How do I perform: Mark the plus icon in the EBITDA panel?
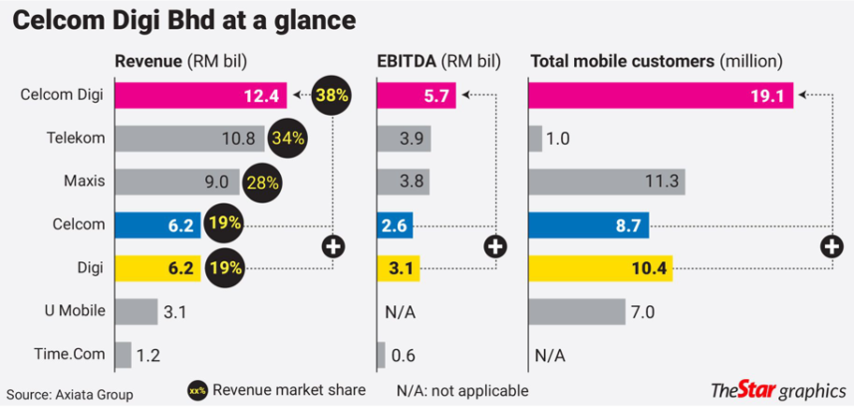coord(495,247)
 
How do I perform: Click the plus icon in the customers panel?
coord(830,247)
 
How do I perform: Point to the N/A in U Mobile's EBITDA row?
coord(400,311)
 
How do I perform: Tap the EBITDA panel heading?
coord(438,62)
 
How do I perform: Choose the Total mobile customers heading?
coord(656,62)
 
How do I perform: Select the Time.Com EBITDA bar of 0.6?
coord(380,356)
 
